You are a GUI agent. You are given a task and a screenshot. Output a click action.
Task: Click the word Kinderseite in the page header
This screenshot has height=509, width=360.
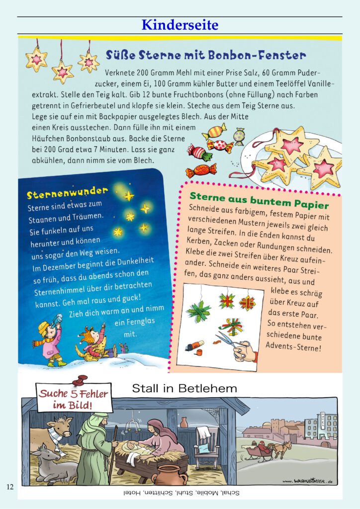pyautogui.click(x=180, y=24)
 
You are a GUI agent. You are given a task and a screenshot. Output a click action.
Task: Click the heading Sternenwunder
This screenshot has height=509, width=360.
pyautogui.click(x=67, y=192)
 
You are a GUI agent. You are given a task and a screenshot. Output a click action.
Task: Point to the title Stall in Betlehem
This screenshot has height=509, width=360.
pyautogui.click(x=184, y=388)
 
